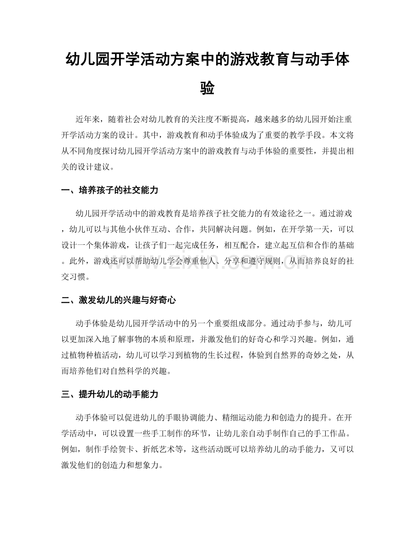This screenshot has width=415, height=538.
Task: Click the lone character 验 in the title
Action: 207,88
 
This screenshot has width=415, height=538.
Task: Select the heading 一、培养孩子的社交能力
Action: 110,191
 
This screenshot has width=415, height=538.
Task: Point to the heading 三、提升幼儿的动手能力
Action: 110,394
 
